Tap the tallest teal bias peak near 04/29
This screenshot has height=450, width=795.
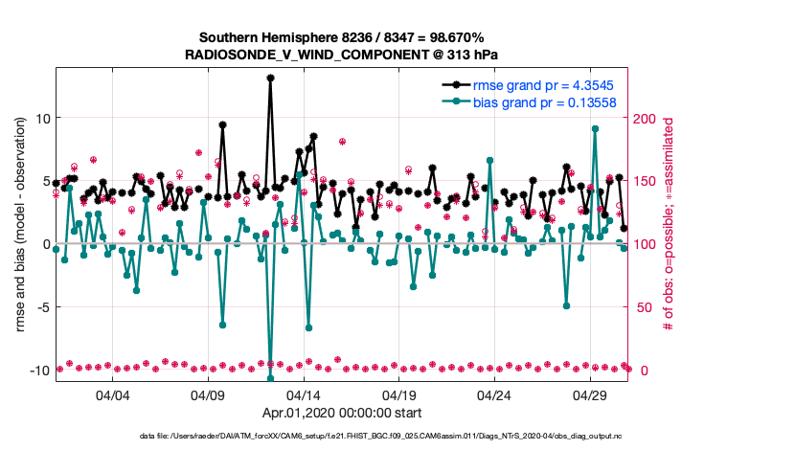[595, 128]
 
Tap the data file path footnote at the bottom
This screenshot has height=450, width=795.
[397, 437]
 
